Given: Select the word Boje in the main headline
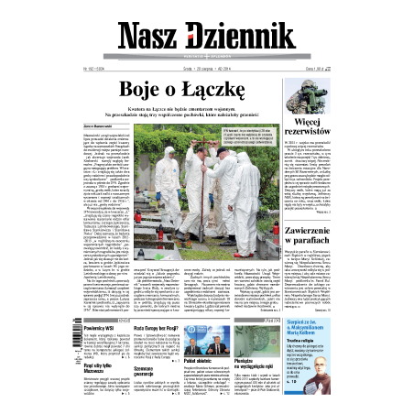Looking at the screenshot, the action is click(x=168, y=89).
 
